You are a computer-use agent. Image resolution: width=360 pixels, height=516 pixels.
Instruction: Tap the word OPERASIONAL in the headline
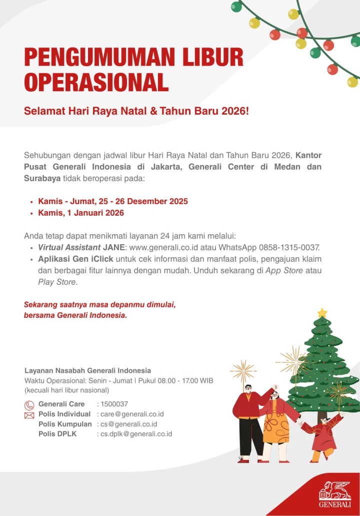pyautogui.click(x=96, y=83)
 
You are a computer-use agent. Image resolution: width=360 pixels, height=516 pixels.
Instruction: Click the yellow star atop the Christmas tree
pyautogui.click(x=322, y=313)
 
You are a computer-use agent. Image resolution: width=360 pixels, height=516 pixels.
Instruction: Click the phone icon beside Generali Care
pyautogui.click(x=29, y=405)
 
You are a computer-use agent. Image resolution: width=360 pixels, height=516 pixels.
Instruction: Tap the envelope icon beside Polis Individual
pyautogui.click(x=29, y=415)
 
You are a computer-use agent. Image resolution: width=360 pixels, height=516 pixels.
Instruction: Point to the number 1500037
pyautogui.click(x=114, y=404)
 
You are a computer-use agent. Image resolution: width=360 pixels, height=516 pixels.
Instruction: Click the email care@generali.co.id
pyautogui.click(x=132, y=414)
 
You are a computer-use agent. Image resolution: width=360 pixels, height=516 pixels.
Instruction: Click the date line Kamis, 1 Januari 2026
pyautogui.click(x=81, y=213)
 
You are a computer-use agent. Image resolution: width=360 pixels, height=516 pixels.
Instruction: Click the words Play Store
pyautogui.click(x=57, y=282)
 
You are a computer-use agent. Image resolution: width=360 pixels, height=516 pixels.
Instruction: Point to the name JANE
pyautogui.click(x=114, y=247)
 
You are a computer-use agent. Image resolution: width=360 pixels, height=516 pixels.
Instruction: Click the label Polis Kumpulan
pyautogui.click(x=65, y=424)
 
